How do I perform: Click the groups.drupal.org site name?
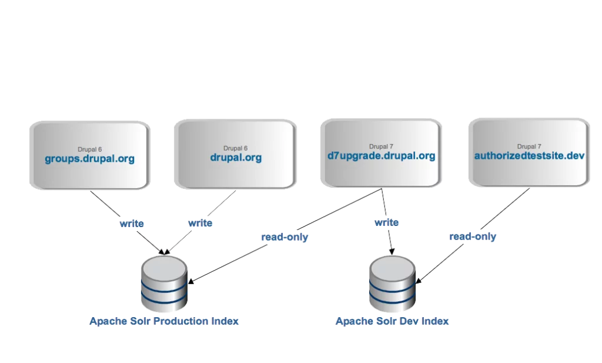89,159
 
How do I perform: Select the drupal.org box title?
236,158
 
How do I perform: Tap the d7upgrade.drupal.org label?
381,156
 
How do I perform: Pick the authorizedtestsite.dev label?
530,156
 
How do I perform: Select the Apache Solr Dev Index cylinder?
392,285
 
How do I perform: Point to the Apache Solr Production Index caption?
164,321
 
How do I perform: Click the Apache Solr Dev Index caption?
392,321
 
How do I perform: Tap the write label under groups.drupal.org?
131,224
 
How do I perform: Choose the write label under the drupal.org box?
200,224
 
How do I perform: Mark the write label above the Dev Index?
386,223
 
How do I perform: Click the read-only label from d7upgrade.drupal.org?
285,237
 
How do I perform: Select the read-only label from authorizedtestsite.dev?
473,237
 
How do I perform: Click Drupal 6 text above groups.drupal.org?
89,149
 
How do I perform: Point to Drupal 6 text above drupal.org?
236,148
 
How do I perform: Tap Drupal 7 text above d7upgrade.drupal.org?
381,146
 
